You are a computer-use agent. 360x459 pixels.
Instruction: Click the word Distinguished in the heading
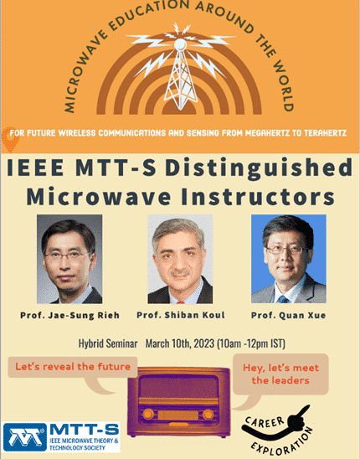[259, 168]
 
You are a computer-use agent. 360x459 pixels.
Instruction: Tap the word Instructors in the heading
[258, 197]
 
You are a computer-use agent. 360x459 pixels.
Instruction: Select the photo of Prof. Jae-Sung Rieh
[69, 259]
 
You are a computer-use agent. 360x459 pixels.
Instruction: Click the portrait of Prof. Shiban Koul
[180, 259]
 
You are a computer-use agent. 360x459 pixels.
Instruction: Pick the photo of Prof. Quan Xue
[289, 259]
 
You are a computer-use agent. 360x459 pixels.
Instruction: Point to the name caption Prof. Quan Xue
[288, 315]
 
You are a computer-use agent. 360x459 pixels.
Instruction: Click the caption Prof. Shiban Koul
[181, 315]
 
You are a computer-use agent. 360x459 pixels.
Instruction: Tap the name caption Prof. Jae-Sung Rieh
[70, 315]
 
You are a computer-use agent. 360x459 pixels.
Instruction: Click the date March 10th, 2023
[180, 343]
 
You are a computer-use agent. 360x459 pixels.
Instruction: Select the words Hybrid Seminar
[108, 343]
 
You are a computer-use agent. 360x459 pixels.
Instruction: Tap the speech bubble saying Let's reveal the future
[73, 372]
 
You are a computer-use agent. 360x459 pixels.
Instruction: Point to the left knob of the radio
[148, 415]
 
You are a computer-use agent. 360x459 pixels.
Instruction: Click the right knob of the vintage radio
[208, 415]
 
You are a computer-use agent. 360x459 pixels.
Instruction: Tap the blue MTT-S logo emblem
[25, 437]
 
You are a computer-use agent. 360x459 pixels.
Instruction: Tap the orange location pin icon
[10, 140]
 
